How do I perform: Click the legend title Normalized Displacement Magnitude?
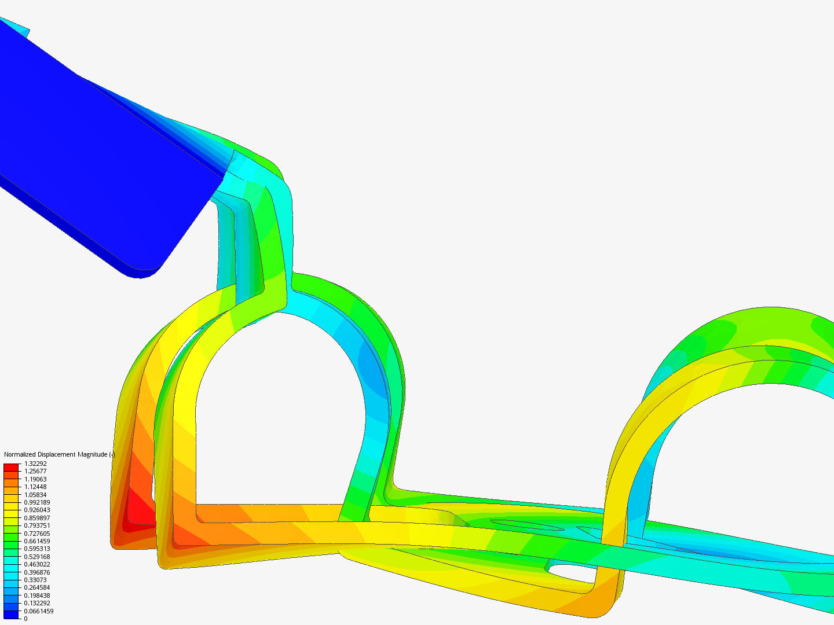point(56,454)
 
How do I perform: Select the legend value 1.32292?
point(35,464)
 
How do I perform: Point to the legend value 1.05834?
point(35,494)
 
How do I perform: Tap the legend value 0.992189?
point(37,502)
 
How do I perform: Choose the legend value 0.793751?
point(37,525)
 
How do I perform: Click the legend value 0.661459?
point(37,541)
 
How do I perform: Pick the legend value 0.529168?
point(37,557)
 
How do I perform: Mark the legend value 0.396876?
point(37,572)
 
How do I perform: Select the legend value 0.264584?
point(37,587)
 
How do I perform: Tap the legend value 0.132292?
point(37,603)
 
